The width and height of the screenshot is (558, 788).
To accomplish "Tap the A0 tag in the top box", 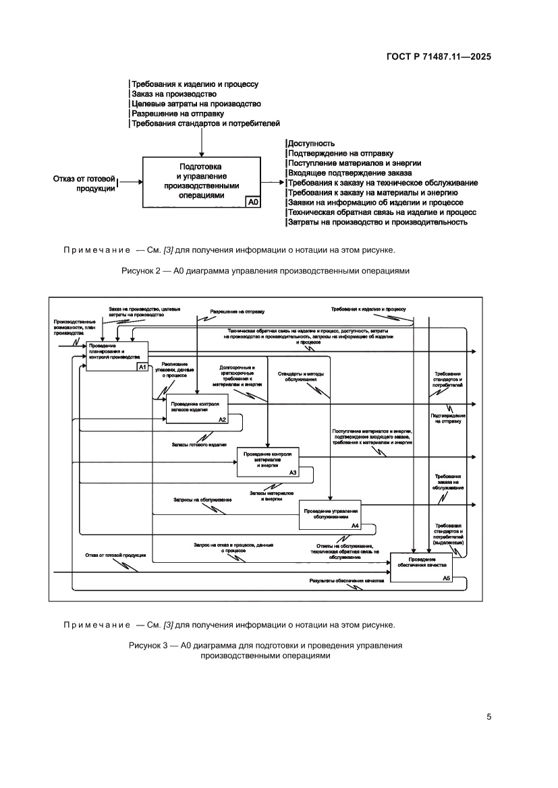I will (x=253, y=202).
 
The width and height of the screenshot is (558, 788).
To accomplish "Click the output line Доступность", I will (x=312, y=144).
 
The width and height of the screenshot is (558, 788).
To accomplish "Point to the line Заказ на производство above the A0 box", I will (x=174, y=94).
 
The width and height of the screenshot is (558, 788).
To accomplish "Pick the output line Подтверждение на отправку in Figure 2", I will (x=341, y=153).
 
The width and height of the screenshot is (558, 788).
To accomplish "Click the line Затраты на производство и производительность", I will (x=378, y=222).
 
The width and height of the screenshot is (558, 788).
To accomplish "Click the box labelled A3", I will (x=268, y=462).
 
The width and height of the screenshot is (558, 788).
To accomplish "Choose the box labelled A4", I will (x=331, y=515).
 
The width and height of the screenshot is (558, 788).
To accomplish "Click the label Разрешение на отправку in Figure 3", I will (x=237, y=312).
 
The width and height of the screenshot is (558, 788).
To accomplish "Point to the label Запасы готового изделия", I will (x=199, y=444).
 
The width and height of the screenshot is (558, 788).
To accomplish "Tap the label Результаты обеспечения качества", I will (x=346, y=580).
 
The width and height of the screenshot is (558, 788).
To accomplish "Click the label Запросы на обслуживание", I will (x=202, y=499).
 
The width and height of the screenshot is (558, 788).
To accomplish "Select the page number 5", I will (x=489, y=717).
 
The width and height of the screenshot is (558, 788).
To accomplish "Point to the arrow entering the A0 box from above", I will (x=201, y=143).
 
